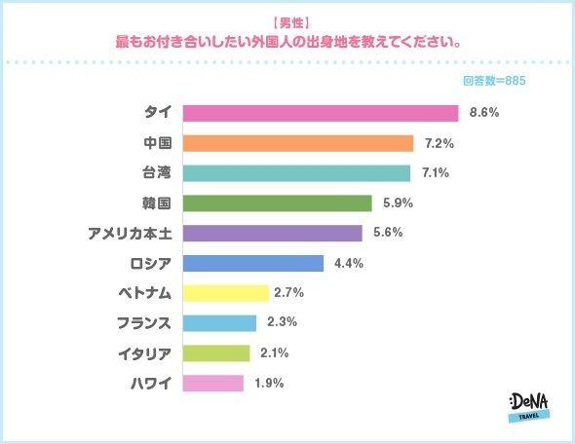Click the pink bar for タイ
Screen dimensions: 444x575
[x=321, y=113]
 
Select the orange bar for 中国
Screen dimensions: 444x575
[x=298, y=143]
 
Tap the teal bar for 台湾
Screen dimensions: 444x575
[x=296, y=173]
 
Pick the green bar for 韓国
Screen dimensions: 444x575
[x=278, y=203]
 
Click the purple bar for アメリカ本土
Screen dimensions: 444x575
[x=273, y=234]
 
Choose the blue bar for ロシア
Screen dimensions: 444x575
[x=253, y=264]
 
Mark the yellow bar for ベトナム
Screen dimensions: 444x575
[x=225, y=293]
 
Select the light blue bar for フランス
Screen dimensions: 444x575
[x=219, y=323]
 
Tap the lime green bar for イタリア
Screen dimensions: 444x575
[x=216, y=353]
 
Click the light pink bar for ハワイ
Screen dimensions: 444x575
[x=213, y=384]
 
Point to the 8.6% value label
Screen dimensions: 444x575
[x=483, y=113]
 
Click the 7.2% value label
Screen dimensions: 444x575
[x=440, y=143]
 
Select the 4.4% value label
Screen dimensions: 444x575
[x=348, y=264]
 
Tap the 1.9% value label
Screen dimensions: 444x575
[x=268, y=384]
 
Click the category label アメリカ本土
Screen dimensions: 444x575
[x=130, y=234]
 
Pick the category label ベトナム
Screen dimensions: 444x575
[x=142, y=293]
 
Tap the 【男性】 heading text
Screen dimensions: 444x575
[x=287, y=21]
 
